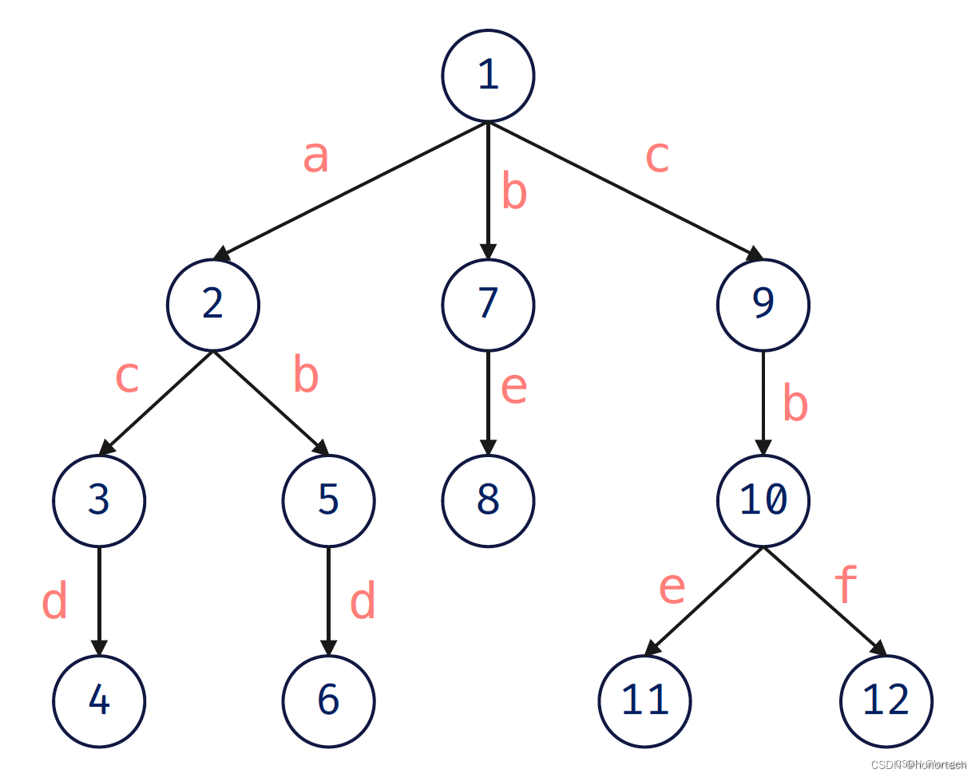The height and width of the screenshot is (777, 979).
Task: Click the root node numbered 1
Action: coord(487,77)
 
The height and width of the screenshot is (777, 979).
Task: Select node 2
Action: coord(212,305)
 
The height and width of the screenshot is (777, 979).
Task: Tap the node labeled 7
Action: coord(487,305)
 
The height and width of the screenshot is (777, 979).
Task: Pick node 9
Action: coord(763,305)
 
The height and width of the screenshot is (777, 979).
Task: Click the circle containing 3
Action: coord(99,501)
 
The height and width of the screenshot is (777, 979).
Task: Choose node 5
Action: coord(327,501)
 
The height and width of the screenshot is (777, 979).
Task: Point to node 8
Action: coord(487,501)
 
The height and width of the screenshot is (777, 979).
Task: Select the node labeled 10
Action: coord(763,501)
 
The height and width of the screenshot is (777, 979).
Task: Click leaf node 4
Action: coord(99,701)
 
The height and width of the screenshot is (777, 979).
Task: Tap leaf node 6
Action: coord(327,701)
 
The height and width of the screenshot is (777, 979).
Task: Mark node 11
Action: coord(644,701)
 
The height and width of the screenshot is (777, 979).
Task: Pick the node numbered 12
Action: coord(886,701)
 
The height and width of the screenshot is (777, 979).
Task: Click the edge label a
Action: coord(315,158)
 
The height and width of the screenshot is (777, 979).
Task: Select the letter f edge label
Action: coord(846,586)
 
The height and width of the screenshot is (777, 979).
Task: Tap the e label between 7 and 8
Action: coord(513,388)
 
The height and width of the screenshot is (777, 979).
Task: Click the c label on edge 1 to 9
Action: coord(656,158)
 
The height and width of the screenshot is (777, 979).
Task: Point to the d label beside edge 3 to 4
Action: coord(54,602)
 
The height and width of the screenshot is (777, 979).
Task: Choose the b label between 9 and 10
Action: coord(795,404)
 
